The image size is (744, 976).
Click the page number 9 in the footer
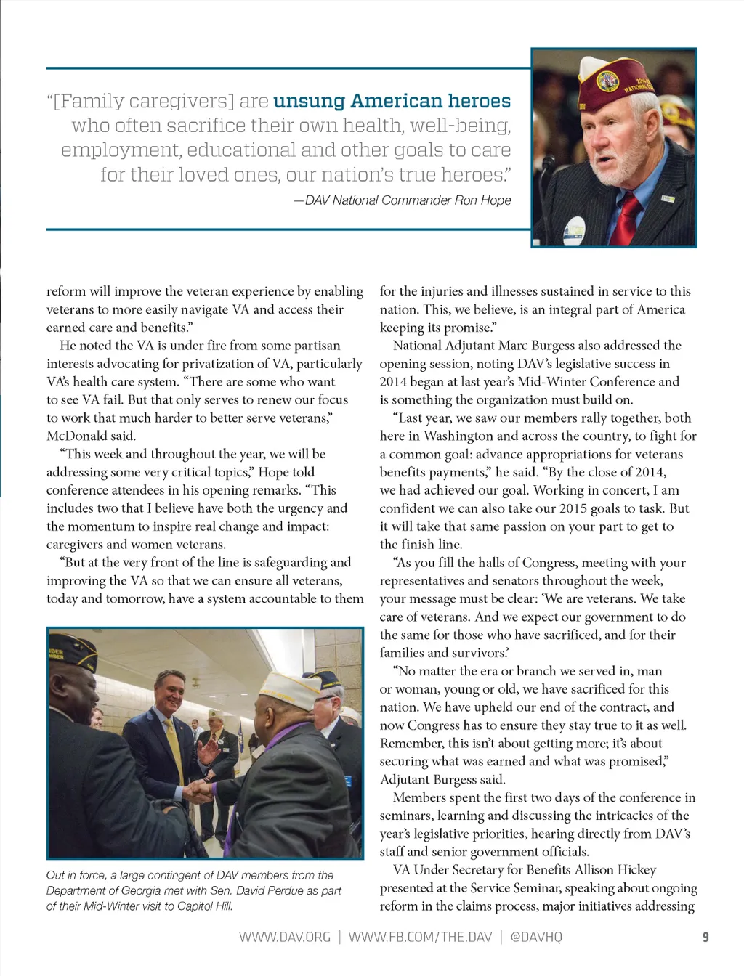tap(705, 938)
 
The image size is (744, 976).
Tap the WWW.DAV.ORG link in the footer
tap(285, 938)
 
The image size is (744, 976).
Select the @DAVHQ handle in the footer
tap(536, 938)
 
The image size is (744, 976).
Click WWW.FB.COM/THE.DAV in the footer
tap(420, 938)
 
